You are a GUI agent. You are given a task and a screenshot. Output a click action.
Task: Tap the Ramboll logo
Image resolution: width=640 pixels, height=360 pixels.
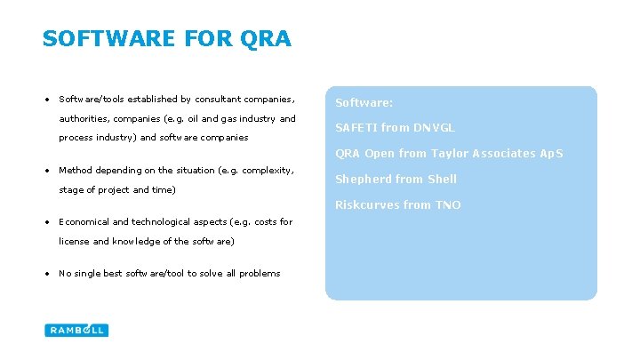click(76, 330)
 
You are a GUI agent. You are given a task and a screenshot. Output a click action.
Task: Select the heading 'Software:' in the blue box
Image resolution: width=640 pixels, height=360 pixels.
click(364, 103)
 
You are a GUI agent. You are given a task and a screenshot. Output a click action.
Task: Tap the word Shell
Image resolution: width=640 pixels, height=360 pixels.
click(442, 179)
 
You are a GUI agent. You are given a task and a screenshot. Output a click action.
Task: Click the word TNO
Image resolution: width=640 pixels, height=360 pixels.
click(447, 204)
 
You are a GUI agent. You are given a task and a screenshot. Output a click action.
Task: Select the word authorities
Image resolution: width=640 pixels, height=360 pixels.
click(84, 118)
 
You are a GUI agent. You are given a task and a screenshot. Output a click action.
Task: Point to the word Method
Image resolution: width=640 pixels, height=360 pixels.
click(75, 170)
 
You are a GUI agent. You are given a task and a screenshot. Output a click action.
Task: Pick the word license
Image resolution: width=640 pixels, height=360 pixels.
click(74, 241)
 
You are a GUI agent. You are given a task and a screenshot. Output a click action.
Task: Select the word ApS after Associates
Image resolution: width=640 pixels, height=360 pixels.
click(550, 154)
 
